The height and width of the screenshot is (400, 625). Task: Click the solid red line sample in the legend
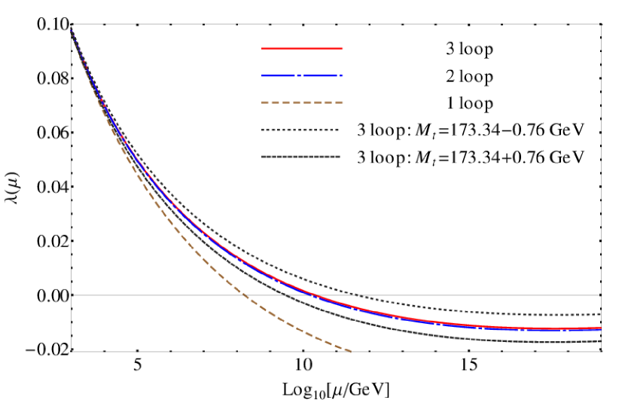[302, 48]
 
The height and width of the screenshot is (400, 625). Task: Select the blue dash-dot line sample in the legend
[302, 76]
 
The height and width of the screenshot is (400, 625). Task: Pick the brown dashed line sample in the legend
[302, 102]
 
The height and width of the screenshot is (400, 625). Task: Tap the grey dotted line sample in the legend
[300, 130]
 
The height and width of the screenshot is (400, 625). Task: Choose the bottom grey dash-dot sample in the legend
[300, 157]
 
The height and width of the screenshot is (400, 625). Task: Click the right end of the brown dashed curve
[350, 351]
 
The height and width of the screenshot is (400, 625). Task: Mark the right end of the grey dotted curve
[600, 313]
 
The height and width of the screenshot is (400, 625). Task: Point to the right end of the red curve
[600, 328]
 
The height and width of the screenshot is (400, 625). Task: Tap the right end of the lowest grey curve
[600, 340]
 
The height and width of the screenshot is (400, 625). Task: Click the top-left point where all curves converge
[72, 30]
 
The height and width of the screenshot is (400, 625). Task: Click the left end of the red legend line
[263, 48]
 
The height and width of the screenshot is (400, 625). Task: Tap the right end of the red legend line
[342, 48]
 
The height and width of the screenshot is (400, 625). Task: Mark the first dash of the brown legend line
[266, 102]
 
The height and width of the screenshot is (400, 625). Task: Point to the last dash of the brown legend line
[339, 102]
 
